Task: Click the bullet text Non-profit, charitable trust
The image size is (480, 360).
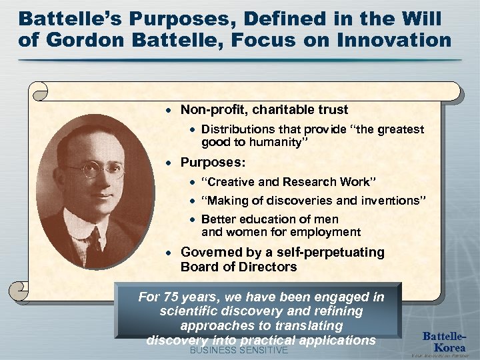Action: pyautogui.click(x=264, y=109)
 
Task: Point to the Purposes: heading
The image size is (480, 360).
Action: pyautogui.click(x=213, y=162)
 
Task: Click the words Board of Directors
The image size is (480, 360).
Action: pyautogui.click(x=238, y=267)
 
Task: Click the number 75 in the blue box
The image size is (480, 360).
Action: pyautogui.click(x=171, y=297)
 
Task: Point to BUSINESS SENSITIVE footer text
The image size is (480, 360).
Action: pyautogui.click(x=239, y=350)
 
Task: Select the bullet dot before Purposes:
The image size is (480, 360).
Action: pyautogui.click(x=171, y=163)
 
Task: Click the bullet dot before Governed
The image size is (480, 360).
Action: pyautogui.click(x=171, y=253)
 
